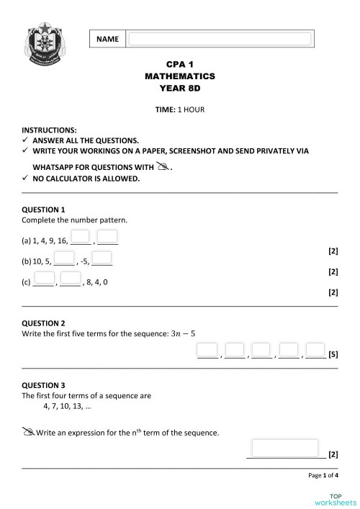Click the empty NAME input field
tap(220, 39)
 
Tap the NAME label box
tap(107, 39)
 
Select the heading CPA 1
tap(180, 64)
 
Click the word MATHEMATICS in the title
tap(180, 76)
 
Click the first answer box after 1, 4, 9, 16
tap(81, 237)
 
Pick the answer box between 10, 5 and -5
tap(64, 258)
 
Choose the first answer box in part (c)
tap(44, 278)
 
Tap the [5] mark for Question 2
tap(333, 354)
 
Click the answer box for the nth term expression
tap(284, 448)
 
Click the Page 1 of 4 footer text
tap(323, 476)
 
